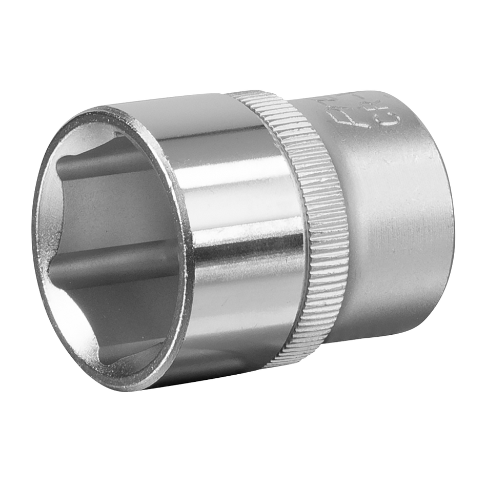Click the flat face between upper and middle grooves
(103, 205)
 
